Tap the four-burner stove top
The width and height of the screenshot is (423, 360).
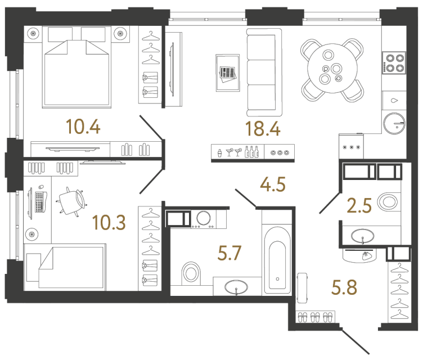coord(393,62)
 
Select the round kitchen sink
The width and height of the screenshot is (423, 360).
coord(393,122)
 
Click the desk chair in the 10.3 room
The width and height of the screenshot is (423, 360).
coord(71,200)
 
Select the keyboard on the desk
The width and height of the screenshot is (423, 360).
coord(39,202)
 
